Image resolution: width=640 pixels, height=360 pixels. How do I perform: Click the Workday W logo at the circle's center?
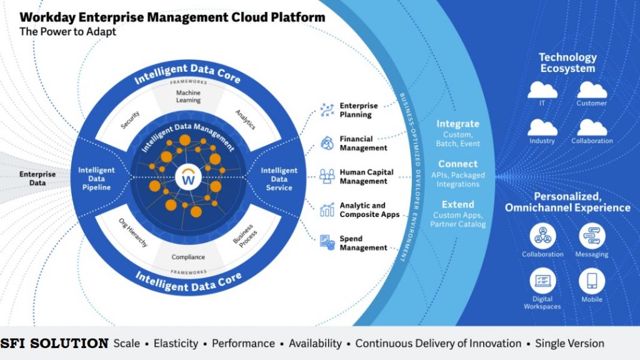pyautogui.click(x=188, y=177)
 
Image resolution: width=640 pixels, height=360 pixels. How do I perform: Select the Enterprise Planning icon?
pyautogui.click(x=327, y=110)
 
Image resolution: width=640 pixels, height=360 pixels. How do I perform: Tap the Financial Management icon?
pyautogui.click(x=327, y=143)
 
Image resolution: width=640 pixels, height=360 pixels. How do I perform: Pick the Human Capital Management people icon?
pyautogui.click(x=327, y=177)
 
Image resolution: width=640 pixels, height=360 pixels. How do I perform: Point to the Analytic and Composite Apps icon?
pyautogui.click(x=327, y=210)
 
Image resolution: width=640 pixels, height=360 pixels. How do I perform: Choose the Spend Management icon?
pyautogui.click(x=327, y=243)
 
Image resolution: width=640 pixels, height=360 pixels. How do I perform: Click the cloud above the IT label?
pyautogui.click(x=542, y=90)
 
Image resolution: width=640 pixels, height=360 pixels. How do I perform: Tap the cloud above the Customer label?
pyautogui.click(x=592, y=90)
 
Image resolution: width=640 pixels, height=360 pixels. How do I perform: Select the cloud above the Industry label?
pyautogui.click(x=542, y=127)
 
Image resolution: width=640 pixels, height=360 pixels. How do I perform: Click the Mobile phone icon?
pyautogui.click(x=592, y=281)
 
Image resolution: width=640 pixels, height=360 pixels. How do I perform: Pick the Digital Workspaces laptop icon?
pyautogui.click(x=542, y=281)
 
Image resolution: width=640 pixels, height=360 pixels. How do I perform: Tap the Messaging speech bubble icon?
pyautogui.click(x=592, y=236)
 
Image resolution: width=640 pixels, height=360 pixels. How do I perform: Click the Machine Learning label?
pyautogui.click(x=188, y=96)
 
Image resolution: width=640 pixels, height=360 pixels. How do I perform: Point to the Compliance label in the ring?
pyautogui.click(x=188, y=257)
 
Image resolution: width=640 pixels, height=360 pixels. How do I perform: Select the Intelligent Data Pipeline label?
pyautogui.click(x=96, y=179)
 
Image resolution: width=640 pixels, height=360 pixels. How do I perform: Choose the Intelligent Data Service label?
pyautogui.click(x=279, y=179)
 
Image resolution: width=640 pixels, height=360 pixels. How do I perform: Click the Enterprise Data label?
pyautogui.click(x=37, y=178)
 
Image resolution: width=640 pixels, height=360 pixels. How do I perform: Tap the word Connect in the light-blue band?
pyautogui.click(x=458, y=164)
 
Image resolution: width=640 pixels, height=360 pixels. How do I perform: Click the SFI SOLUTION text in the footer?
pyautogui.click(x=54, y=343)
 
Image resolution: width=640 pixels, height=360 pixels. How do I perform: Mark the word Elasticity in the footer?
pyautogui.click(x=176, y=344)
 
